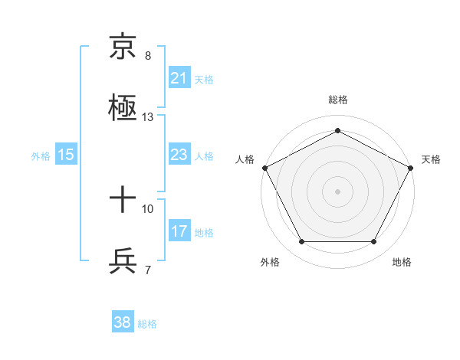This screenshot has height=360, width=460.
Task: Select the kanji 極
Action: [123, 107]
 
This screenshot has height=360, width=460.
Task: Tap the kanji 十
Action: [123, 200]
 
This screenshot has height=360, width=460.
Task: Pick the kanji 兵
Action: [123, 261]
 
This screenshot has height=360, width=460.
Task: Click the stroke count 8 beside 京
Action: [148, 55]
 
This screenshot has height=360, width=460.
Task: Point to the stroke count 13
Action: [148, 117]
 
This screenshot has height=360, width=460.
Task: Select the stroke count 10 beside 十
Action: [148, 208]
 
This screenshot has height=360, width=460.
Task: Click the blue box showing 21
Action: [179, 78]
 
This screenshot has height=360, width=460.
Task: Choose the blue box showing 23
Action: [179, 155]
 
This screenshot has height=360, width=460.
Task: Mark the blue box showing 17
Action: [179, 231]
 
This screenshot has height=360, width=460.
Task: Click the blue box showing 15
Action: [66, 155]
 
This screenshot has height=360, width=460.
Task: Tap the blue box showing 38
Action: [123, 322]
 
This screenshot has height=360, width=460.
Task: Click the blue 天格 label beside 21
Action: [204, 79]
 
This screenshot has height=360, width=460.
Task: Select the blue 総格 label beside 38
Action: [147, 323]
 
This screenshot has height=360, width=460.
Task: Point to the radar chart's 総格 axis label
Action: [337, 100]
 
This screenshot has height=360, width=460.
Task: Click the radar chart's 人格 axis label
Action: [245, 159]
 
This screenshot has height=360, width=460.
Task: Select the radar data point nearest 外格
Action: [301, 242]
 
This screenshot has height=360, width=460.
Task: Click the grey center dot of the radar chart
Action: [337, 191]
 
